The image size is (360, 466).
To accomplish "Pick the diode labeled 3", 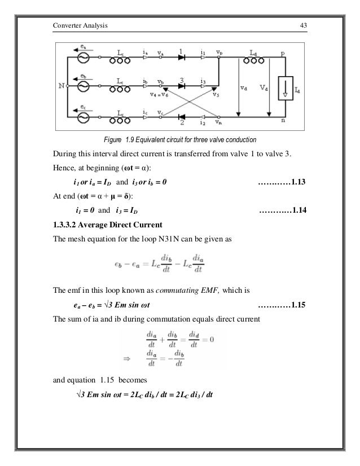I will (x=182, y=87).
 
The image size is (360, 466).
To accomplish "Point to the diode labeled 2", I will (x=182, y=117).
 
